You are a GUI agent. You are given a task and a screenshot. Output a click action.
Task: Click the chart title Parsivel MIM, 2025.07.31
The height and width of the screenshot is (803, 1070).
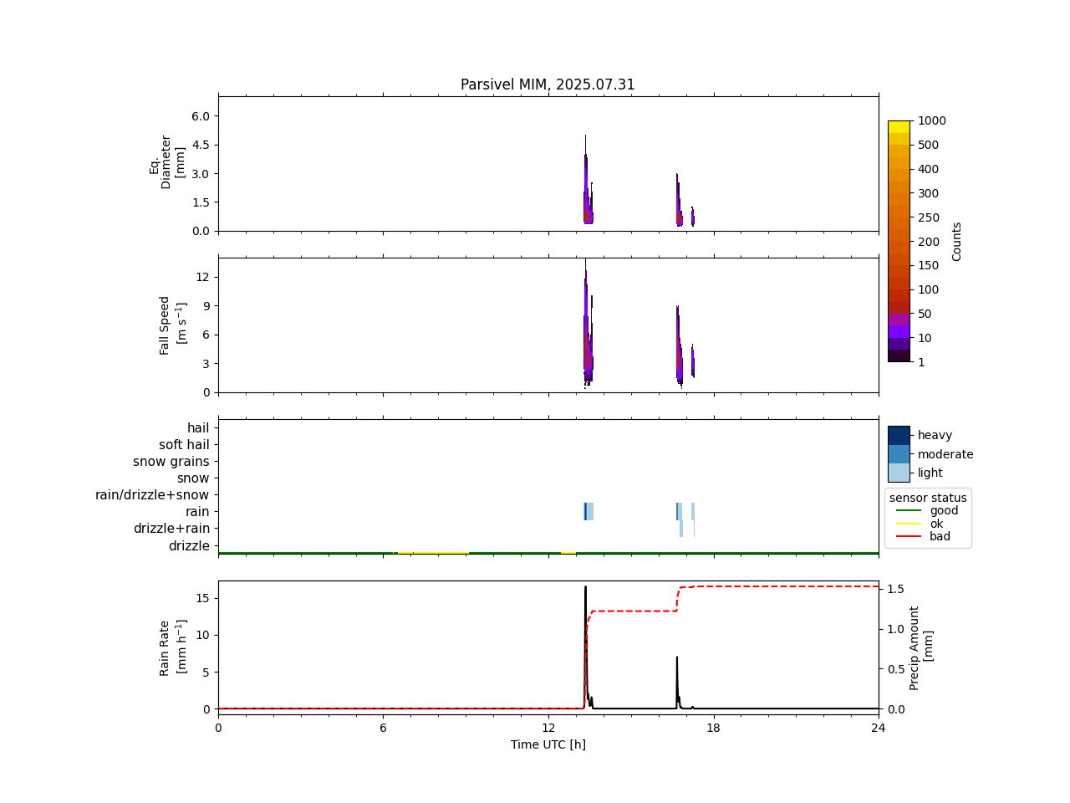pyautogui.click(x=548, y=84)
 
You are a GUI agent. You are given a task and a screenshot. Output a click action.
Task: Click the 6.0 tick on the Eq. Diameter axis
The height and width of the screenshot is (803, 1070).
pyautogui.click(x=201, y=115)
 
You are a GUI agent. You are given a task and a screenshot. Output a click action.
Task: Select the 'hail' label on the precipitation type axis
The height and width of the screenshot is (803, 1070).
pyautogui.click(x=198, y=428)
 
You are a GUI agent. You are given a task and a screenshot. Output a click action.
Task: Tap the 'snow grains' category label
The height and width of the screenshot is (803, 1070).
pyautogui.click(x=171, y=462)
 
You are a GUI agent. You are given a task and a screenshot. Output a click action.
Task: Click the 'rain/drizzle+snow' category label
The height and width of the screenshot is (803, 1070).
pyautogui.click(x=152, y=495)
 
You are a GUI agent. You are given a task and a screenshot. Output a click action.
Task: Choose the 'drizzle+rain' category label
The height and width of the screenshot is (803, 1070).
pyautogui.click(x=171, y=529)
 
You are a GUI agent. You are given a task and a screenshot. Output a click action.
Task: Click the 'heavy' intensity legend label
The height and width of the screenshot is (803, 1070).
pyautogui.click(x=935, y=435)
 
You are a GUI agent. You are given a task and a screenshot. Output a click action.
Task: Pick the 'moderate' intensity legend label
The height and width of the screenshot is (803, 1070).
pyautogui.click(x=945, y=454)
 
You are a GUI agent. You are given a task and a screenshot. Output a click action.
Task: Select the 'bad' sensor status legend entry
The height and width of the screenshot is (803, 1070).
pyautogui.click(x=940, y=537)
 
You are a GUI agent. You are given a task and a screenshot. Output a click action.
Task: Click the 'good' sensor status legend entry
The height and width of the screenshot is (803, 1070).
pyautogui.click(x=944, y=510)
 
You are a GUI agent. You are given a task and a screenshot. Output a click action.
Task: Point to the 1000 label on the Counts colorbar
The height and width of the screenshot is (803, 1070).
pyautogui.click(x=932, y=121)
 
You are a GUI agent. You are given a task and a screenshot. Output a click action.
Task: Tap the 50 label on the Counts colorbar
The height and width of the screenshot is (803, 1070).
pyautogui.click(x=925, y=314)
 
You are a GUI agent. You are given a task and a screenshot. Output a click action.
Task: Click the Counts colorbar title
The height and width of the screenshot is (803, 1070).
pyautogui.click(x=957, y=241)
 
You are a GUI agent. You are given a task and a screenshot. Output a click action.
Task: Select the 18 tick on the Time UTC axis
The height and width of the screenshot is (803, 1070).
pyautogui.click(x=713, y=729)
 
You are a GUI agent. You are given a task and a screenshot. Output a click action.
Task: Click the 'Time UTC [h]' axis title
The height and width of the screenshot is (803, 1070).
pyautogui.click(x=548, y=744)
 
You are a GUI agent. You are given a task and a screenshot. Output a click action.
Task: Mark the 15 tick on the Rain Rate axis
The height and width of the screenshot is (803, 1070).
pyautogui.click(x=203, y=598)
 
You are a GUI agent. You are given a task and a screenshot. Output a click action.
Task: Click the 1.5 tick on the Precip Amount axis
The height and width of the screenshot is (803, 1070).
pyautogui.click(x=894, y=589)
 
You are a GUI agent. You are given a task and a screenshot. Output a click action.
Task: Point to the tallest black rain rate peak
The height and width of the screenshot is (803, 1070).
pyautogui.click(x=585, y=588)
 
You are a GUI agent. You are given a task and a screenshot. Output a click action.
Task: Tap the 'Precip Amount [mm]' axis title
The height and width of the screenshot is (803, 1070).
pyautogui.click(x=920, y=647)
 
